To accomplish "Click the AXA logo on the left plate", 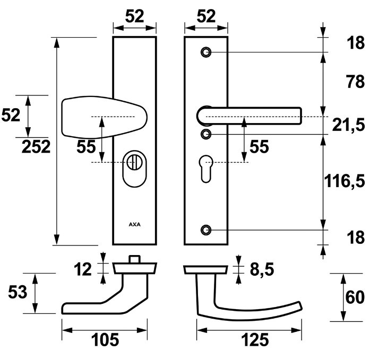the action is click(134, 224).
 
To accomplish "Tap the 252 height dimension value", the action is click(36, 146).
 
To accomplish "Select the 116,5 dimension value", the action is click(345, 181).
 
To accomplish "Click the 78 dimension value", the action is click(355, 82).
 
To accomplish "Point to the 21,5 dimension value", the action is click(349, 125).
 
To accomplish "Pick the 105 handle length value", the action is click(105, 339).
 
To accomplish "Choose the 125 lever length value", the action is click(255, 339).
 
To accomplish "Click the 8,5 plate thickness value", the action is click(262, 269).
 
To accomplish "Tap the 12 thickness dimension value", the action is click(83, 269).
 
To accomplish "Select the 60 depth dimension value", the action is click(355, 297).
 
